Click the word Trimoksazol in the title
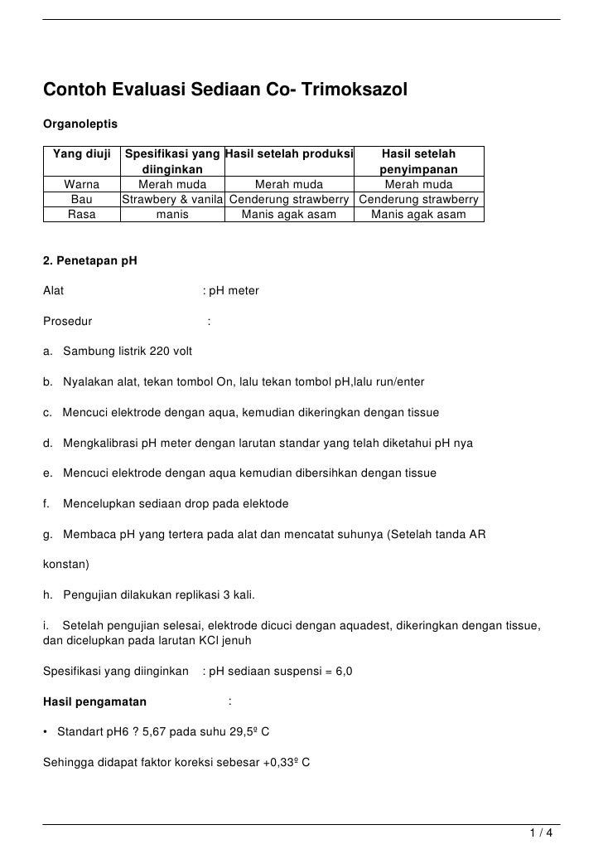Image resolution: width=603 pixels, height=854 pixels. [356, 88]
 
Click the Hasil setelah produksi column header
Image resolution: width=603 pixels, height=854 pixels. [289, 154]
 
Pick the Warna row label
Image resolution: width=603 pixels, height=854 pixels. [81, 184]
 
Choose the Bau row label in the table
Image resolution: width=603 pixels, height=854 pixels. [81, 199]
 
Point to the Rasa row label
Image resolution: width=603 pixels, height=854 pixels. [81, 214]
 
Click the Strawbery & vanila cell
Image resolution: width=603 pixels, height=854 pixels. [172, 199]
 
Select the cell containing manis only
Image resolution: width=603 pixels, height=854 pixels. [172, 214]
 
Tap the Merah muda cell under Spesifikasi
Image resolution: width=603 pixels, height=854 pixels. [172, 184]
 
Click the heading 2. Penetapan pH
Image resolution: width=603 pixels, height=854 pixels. [89, 261]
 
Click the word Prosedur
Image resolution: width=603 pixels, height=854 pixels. [67, 321]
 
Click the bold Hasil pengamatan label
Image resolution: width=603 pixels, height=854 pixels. [94, 702]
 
